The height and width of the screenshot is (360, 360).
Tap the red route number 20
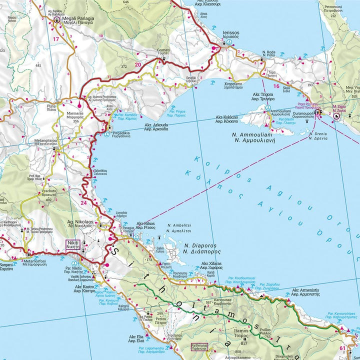(137, 64)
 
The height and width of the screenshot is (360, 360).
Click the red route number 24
(82, 203)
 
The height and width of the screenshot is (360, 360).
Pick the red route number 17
(56, 39)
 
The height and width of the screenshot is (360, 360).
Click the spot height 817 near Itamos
(244, 343)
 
